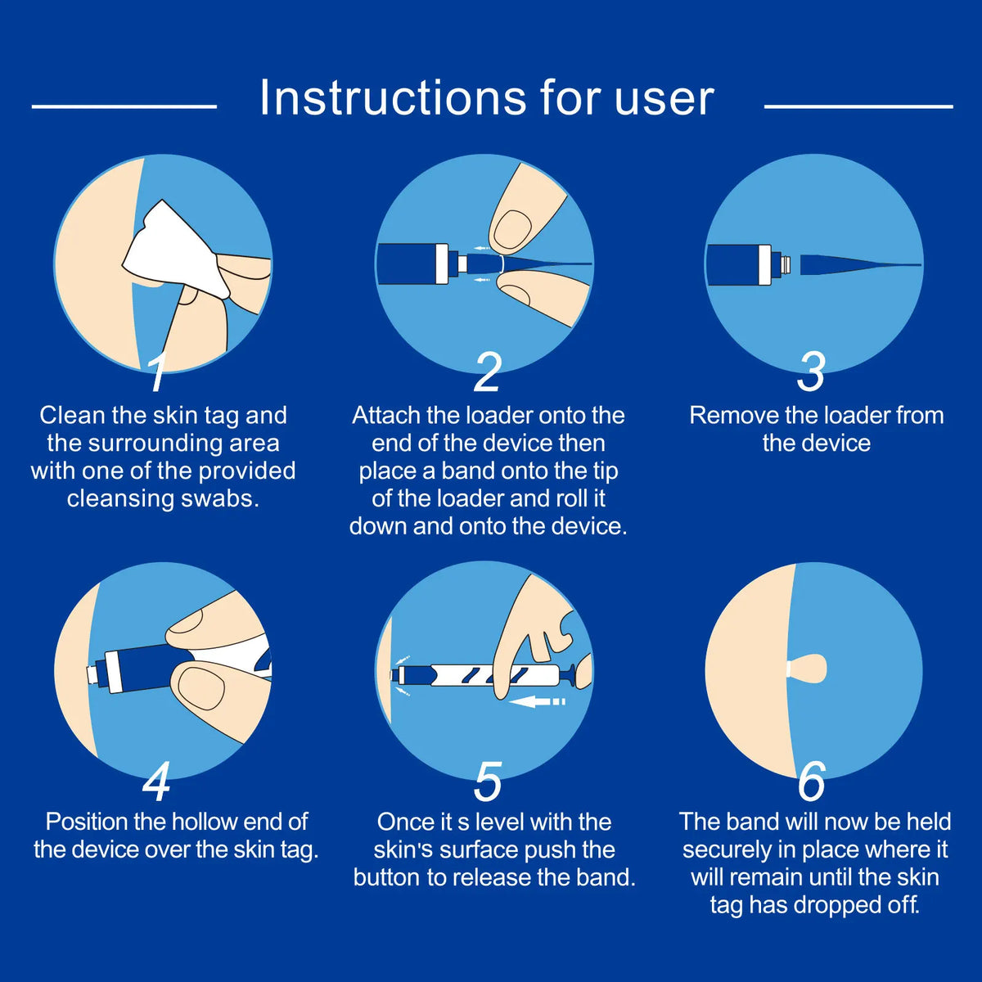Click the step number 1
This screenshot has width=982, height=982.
point(158,372)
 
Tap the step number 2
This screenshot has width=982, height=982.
point(487,372)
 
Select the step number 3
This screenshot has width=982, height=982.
point(811,372)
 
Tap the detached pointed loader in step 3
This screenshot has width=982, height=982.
point(860,265)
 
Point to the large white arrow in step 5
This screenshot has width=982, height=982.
point(537,701)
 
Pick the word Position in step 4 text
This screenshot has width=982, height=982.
point(87,822)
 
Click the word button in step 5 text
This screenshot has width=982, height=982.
point(387,877)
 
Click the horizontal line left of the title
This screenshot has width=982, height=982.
point(124,106)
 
